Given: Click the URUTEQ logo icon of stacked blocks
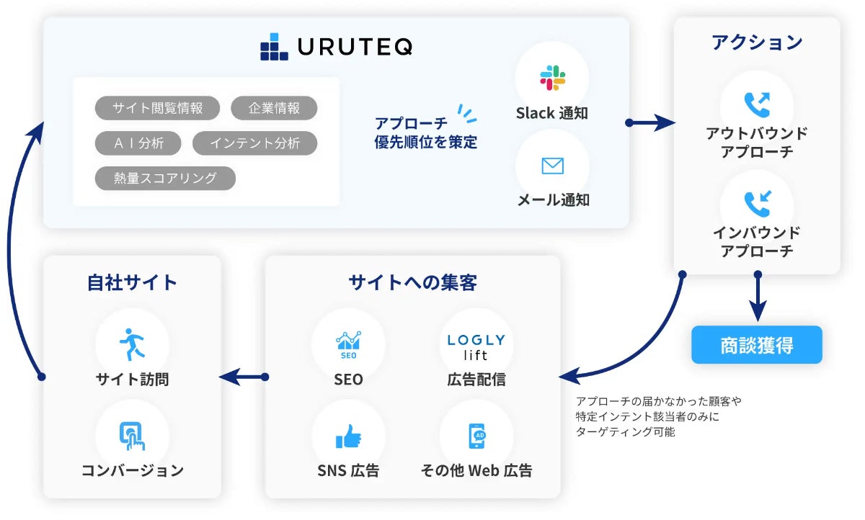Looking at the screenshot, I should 273,47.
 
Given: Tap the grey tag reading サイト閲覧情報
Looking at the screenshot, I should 157,109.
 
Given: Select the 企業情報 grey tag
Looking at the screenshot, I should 274,109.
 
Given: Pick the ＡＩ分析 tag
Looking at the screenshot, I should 138,143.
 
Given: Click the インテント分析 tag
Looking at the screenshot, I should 254,143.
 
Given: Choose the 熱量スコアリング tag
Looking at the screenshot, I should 165,178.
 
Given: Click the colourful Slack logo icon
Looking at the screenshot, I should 552,78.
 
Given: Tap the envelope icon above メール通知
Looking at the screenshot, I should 552,166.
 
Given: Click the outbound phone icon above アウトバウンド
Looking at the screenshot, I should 757,105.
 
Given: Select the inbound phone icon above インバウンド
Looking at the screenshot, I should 757,204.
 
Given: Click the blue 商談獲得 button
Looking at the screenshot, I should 757,345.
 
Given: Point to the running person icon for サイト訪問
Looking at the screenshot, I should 132,345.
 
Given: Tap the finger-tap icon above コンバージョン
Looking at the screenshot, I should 132,436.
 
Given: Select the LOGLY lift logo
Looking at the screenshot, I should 476,346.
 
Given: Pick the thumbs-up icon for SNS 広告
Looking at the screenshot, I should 348,436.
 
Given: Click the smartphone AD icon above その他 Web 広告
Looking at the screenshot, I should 476,436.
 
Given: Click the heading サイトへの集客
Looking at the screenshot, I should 412,282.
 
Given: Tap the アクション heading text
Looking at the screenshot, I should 757,42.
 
